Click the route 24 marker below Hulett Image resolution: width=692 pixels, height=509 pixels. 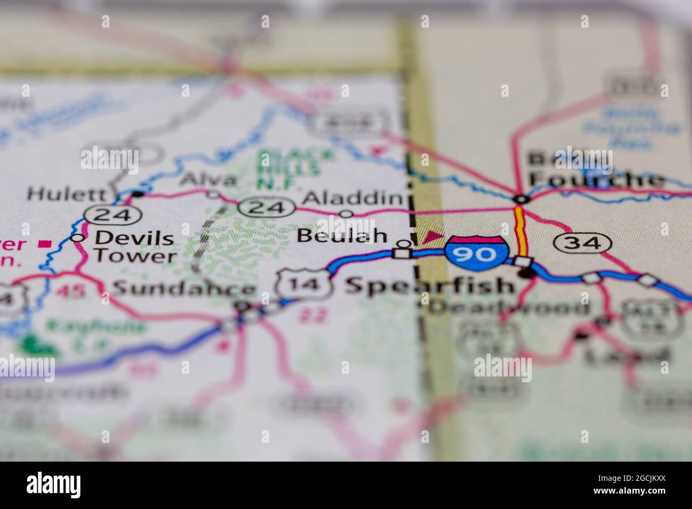point(113,214)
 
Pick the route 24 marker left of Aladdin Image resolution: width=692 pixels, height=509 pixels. point(267,207)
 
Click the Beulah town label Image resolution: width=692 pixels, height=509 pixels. point(342,235)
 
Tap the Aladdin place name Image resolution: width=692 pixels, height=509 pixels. point(352,199)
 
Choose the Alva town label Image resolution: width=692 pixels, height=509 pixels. point(208,180)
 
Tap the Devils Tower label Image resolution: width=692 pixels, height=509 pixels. point(134,247)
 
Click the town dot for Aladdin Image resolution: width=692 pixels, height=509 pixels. point(347,214)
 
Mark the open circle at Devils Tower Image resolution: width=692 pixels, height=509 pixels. point(78,237)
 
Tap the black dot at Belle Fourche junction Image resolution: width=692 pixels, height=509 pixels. point(522,200)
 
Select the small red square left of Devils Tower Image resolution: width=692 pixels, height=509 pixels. point(46,244)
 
